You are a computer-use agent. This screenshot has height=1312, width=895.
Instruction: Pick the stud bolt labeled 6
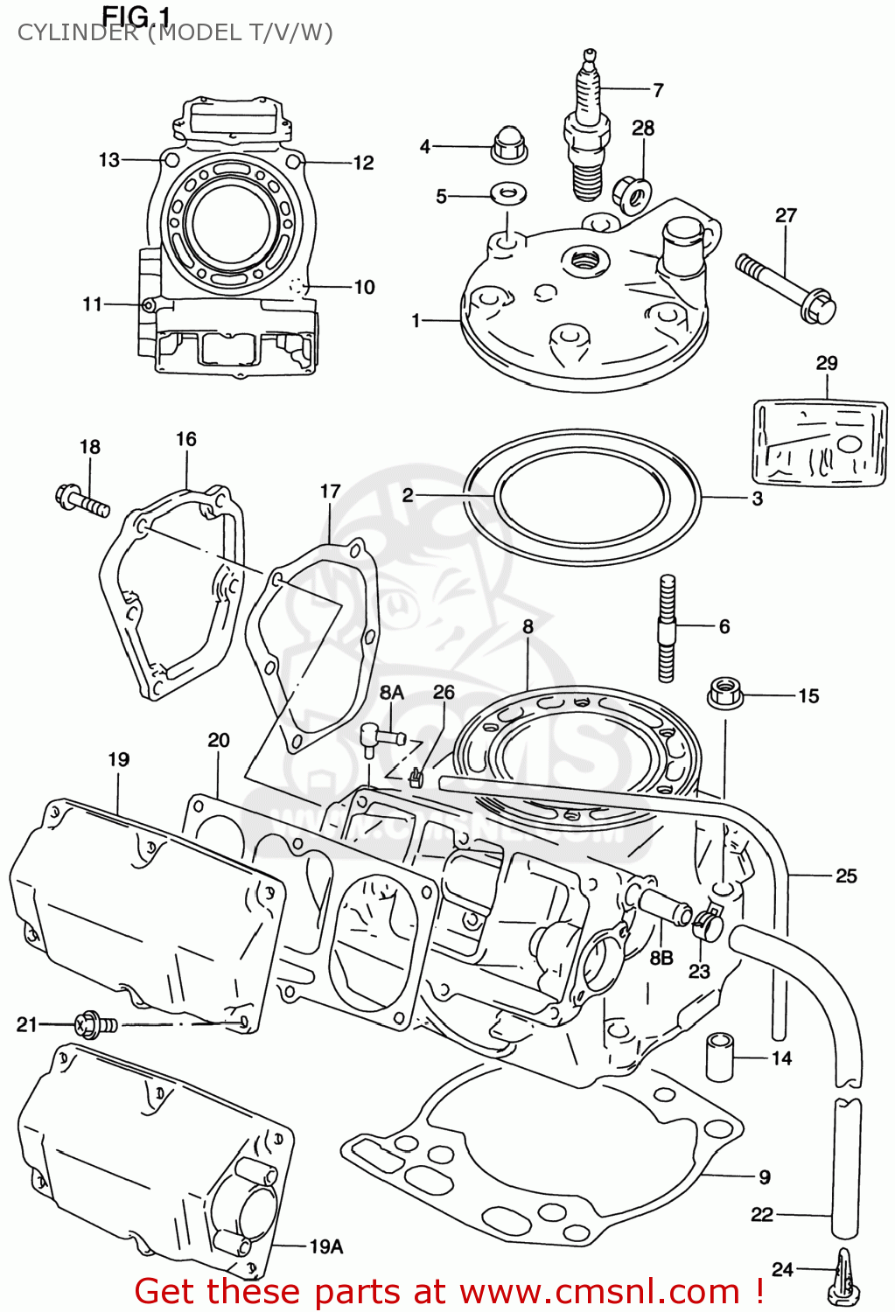click(667, 626)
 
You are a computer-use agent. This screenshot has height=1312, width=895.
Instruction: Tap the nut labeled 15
click(724, 694)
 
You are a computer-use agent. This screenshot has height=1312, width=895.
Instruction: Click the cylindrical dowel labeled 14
click(720, 1056)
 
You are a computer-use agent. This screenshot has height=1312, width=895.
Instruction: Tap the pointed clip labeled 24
click(845, 1276)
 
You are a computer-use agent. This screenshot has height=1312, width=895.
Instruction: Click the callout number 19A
click(325, 1246)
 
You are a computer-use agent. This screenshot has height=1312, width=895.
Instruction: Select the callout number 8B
click(661, 958)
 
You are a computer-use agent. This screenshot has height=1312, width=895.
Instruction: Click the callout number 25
click(846, 876)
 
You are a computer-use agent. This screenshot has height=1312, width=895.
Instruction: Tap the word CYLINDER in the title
click(77, 33)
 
